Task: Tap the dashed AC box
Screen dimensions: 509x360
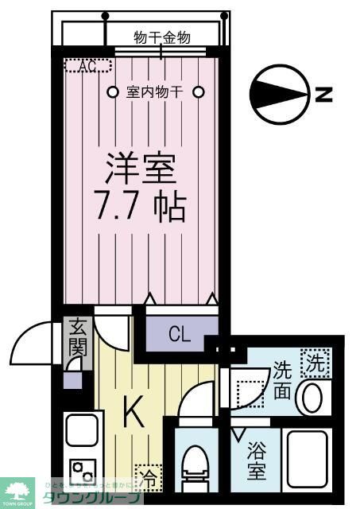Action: (82, 67)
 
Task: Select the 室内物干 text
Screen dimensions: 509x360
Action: (155, 91)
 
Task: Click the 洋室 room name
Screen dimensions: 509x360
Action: (141, 168)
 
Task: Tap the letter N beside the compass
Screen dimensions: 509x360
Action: (323, 95)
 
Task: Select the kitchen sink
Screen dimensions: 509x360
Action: (81, 430)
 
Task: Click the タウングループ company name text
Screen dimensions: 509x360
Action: (104, 499)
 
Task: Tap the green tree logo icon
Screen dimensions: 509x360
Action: (17, 490)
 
